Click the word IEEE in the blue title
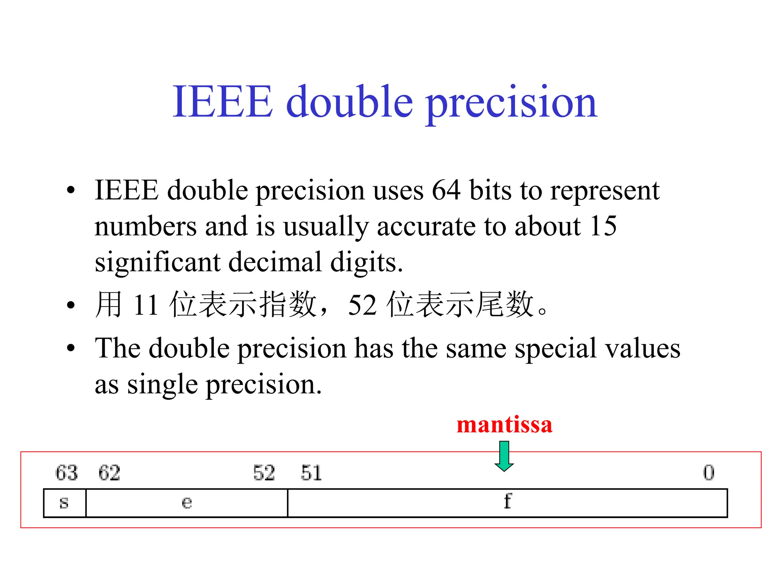coord(222,101)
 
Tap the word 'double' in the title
coord(350,101)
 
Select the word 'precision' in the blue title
coord(511,103)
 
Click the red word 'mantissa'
coord(504,425)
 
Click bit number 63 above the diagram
coord(67,473)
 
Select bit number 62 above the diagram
coord(109,473)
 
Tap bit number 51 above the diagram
coord(311,473)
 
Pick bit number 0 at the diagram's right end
coord(709,473)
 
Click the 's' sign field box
coord(65,503)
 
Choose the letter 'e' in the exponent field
coord(186,503)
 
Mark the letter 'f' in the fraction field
coord(508,501)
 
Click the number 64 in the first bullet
coord(446,190)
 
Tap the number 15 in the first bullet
coord(603,226)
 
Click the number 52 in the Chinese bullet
coord(362,305)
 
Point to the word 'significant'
coord(157,262)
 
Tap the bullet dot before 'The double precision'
coord(71,348)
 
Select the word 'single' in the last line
coord(162,385)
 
